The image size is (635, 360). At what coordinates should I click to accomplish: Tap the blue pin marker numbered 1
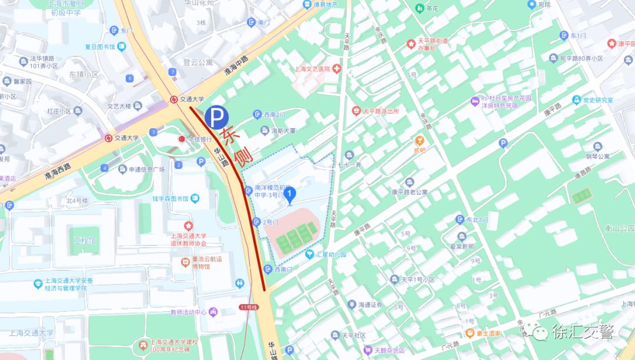pos(289,195)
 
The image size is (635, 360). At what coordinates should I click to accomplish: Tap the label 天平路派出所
pos(380,111)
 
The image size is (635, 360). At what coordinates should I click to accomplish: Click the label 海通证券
pos(370,305)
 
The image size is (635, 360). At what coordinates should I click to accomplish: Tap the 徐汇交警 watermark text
pos(582,333)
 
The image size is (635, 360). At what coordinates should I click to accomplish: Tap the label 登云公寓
pos(198,62)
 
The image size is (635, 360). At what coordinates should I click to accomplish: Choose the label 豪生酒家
pos(488,333)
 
